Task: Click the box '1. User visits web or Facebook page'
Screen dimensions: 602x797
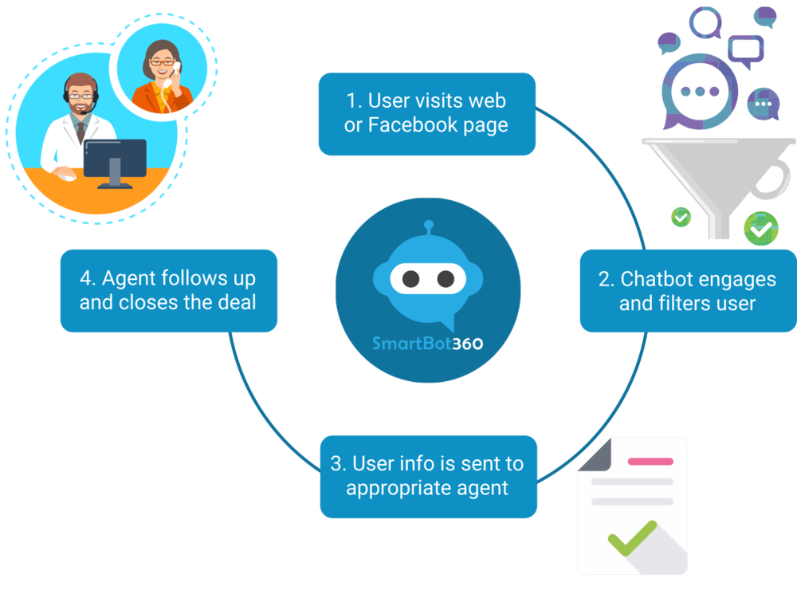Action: (426, 113)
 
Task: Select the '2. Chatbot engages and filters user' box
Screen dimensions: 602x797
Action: (687, 290)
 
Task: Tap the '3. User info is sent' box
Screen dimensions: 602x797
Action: (428, 476)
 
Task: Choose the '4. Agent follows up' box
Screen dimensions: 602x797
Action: (168, 290)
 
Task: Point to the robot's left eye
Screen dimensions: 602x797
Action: (410, 279)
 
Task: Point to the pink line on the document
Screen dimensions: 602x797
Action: (650, 461)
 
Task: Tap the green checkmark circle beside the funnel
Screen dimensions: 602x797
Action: (760, 228)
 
